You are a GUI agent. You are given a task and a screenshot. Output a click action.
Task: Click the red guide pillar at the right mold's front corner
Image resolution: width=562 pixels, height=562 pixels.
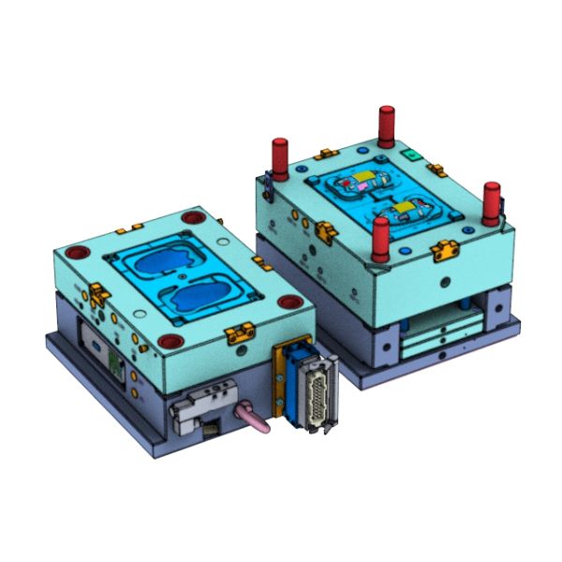click(x=380, y=240)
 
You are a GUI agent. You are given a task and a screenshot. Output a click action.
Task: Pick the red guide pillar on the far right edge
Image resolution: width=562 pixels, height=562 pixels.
click(x=492, y=202)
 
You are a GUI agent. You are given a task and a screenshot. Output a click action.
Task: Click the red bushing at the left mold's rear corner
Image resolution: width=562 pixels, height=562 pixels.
click(x=193, y=217)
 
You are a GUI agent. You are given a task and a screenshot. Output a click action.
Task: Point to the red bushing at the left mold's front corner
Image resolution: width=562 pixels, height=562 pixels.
click(x=171, y=341)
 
